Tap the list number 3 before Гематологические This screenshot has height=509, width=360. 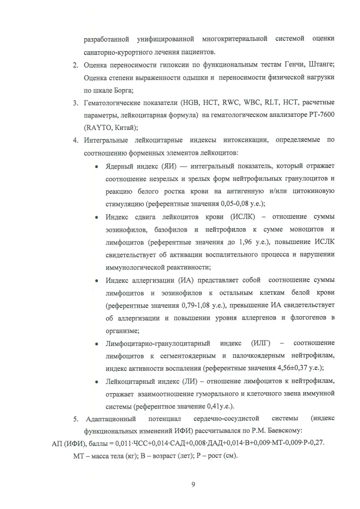pos(74,103)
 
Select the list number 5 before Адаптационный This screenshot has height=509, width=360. pos(74,419)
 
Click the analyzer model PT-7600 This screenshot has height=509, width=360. pos(319,116)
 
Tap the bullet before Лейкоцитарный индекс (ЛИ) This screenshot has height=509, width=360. pos(97,381)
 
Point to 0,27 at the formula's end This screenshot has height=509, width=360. pos(317,444)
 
